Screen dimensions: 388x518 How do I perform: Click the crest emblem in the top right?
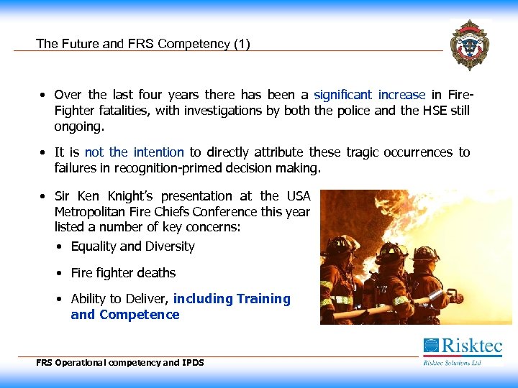click(x=469, y=45)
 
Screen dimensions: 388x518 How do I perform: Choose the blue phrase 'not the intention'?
click(x=134, y=152)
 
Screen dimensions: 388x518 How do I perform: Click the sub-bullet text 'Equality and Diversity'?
click(x=132, y=246)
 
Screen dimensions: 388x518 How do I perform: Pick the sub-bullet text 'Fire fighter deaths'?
click(x=123, y=273)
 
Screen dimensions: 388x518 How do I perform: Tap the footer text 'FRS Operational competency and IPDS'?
click(x=120, y=363)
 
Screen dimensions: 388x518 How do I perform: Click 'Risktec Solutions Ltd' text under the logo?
click(x=452, y=363)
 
